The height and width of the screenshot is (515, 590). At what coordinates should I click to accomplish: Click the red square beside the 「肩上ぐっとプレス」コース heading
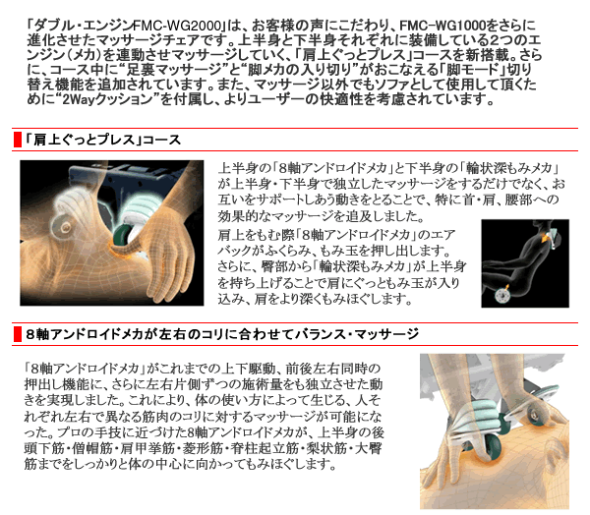tap(18, 140)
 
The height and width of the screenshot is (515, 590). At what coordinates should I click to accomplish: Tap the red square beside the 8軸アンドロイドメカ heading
tap(18, 334)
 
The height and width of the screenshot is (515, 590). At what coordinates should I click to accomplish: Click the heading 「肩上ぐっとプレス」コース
tap(103, 140)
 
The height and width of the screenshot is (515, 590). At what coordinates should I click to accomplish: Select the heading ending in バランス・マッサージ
tap(222, 334)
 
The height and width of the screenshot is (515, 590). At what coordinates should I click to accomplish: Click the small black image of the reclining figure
tap(525, 263)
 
